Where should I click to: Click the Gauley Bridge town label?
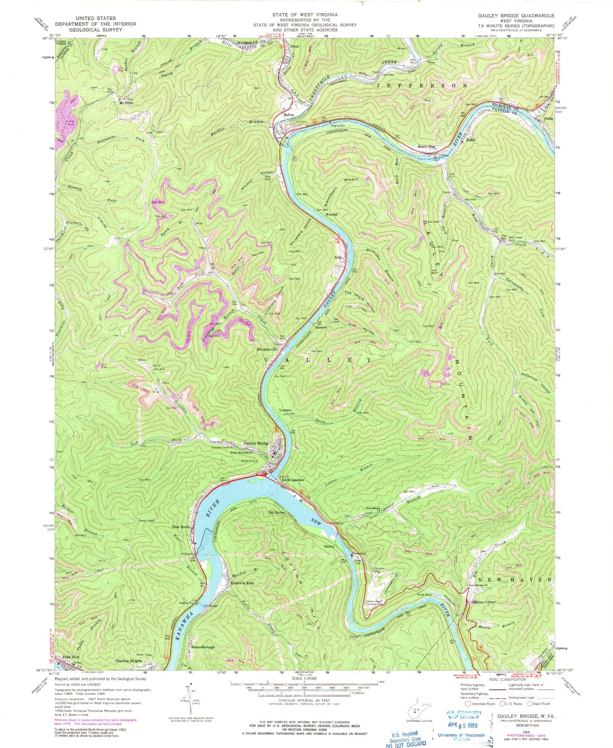(257, 444)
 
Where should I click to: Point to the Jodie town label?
(470, 140)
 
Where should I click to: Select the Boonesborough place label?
(203, 647)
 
